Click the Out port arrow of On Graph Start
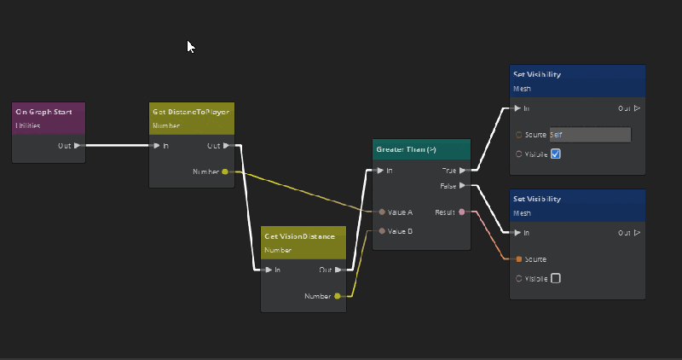tap(78, 146)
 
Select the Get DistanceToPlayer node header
tap(191, 112)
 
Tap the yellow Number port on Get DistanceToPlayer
tap(225, 171)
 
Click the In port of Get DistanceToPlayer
tap(156, 146)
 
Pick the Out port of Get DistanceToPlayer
tap(225, 146)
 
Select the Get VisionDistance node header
tap(303, 236)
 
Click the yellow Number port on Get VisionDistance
tap(338, 296)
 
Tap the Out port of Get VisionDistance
tap(338, 270)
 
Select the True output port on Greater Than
tap(462, 171)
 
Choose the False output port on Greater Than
tap(462, 185)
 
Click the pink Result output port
tap(462, 212)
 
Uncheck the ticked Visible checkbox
tap(555, 154)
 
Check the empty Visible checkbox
tap(555, 278)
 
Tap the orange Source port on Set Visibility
tap(518, 258)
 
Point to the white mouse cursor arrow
tap(191, 46)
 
